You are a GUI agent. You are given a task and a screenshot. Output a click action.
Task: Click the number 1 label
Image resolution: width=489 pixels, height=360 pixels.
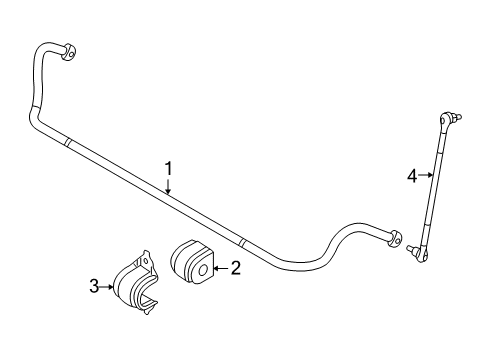(169, 169)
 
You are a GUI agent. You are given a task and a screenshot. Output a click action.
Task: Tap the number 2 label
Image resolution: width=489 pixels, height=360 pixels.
(236, 267)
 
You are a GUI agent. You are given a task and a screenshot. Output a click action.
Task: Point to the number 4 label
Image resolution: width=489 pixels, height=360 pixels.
(411, 176)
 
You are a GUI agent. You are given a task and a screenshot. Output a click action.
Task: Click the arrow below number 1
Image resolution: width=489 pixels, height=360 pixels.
(169, 186)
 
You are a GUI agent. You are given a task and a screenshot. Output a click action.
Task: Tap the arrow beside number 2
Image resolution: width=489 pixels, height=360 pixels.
(221, 267)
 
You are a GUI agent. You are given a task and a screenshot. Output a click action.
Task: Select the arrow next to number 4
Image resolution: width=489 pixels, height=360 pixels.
(424, 176)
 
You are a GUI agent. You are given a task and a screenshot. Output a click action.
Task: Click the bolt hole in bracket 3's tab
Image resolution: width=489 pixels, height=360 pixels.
(149, 262)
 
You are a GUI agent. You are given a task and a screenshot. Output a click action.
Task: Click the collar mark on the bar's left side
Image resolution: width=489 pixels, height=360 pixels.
(67, 142)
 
